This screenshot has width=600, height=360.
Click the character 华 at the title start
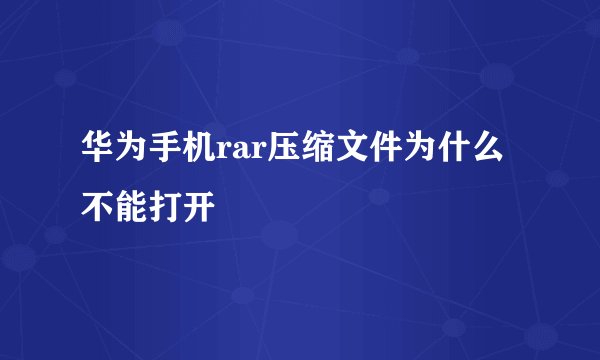[97, 154]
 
